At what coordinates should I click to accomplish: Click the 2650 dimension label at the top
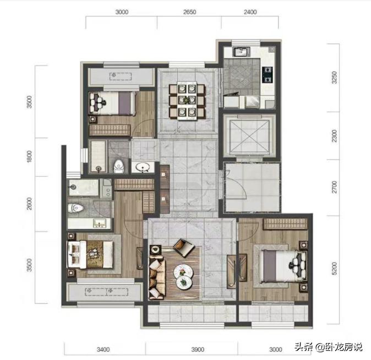(189, 12)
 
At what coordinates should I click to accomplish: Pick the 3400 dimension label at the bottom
(103, 349)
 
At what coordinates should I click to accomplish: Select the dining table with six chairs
(186, 99)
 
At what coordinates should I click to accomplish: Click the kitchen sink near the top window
(241, 53)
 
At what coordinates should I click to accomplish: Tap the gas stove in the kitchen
(268, 73)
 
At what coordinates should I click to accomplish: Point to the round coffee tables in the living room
(183, 275)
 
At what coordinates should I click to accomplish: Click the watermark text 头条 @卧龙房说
(328, 347)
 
